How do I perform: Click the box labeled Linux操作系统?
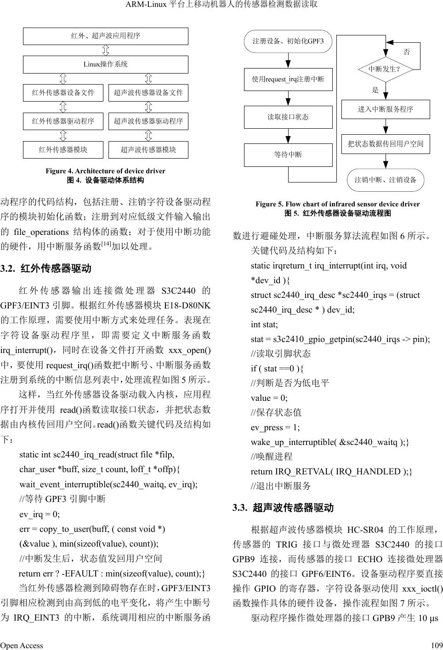pyautogui.click(x=105, y=64)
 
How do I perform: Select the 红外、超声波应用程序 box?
pyautogui.click(x=105, y=36)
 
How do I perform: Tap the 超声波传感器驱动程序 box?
pyautogui.click(x=148, y=121)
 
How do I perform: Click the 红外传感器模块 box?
pyautogui.click(x=63, y=150)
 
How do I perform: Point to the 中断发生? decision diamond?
pyautogui.click(x=385, y=69)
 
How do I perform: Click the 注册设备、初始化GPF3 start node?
pyautogui.click(x=288, y=41)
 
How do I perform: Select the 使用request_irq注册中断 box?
pyautogui.click(x=288, y=79)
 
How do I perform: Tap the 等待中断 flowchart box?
pyautogui.click(x=288, y=155)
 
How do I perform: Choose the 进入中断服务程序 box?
pyautogui.click(x=386, y=109)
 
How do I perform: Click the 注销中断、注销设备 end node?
pyautogui.click(x=385, y=180)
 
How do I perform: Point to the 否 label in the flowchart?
pyautogui.click(x=407, y=52)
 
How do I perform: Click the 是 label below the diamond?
pyautogui.click(x=375, y=90)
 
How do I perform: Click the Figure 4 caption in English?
pyautogui.click(x=105, y=171)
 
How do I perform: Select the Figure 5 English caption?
pyautogui.click(x=337, y=204)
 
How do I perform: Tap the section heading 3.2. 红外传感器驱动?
pyautogui.click(x=46, y=268)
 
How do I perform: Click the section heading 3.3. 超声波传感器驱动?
pyautogui.click(x=283, y=508)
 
